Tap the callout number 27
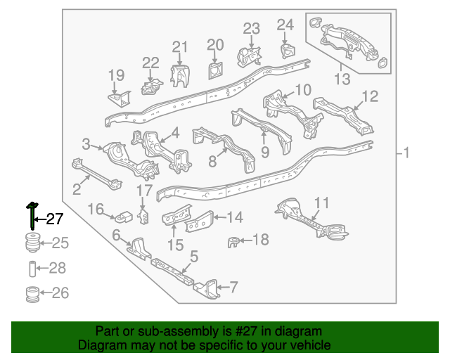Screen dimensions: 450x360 55,219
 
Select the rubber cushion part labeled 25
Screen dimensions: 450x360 32,243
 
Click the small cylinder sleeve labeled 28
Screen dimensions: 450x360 32,269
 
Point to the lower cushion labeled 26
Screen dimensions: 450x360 32,294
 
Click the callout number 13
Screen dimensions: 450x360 342,79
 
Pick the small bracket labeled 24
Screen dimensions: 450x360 288,51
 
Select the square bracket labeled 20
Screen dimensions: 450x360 215,70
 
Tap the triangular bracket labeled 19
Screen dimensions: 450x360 120,99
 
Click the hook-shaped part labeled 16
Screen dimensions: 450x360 124,217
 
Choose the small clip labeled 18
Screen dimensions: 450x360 233,242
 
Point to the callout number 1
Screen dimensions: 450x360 406,153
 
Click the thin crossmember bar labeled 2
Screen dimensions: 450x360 96,174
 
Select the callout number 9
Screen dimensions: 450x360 265,152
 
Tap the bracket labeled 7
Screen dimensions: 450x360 207,289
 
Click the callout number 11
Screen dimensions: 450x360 321,203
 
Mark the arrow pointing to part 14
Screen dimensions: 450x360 219,217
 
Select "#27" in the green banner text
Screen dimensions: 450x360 246,331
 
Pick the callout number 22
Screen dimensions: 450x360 150,63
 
